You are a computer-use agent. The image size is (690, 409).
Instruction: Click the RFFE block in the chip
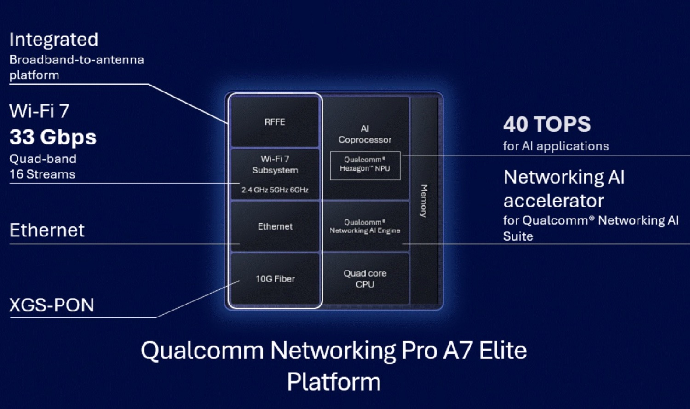click(x=275, y=122)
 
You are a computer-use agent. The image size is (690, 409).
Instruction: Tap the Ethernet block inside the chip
click(x=275, y=226)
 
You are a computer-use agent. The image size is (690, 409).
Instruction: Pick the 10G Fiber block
click(x=275, y=279)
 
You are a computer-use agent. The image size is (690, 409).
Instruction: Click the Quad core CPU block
click(x=365, y=279)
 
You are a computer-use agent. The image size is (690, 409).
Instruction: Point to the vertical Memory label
click(x=424, y=201)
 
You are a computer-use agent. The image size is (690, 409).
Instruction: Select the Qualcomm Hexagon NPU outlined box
click(x=365, y=165)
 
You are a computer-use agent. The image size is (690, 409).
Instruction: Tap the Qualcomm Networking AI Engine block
click(x=365, y=226)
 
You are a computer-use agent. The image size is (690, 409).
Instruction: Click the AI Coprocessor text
click(x=365, y=134)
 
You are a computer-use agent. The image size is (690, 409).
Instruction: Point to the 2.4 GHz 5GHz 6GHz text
click(x=275, y=190)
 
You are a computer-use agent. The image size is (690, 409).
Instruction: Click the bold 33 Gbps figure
click(x=53, y=137)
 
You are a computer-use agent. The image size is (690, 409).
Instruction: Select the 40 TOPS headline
click(x=547, y=124)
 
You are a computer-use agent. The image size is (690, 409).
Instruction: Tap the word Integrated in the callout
click(x=54, y=40)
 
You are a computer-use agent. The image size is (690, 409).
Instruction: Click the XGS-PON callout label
click(x=52, y=305)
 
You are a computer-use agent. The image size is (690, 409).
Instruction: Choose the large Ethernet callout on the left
click(x=47, y=230)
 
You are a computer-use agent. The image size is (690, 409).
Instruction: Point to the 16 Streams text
click(x=42, y=174)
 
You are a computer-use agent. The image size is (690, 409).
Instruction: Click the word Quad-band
click(x=43, y=159)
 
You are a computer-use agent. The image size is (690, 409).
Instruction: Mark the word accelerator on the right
click(x=553, y=201)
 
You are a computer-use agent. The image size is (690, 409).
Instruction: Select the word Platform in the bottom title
click(x=333, y=382)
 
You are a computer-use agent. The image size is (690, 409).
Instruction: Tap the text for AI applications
click(x=556, y=146)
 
